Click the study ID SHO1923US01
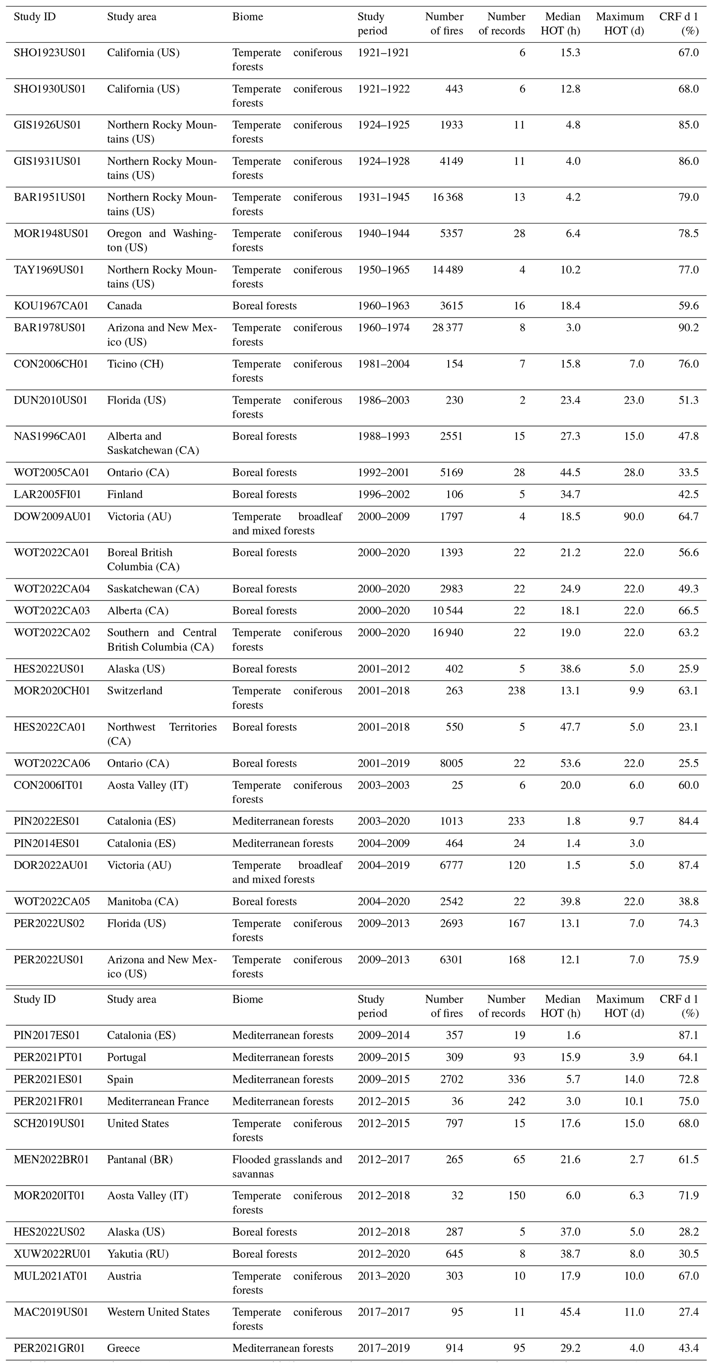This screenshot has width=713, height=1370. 49,53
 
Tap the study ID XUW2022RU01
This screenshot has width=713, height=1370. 52,1253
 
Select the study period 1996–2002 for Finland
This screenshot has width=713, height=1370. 383,494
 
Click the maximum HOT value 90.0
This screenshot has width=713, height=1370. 634,516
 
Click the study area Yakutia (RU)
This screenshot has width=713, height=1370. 138,1253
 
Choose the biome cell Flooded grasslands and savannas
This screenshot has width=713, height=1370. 287,1166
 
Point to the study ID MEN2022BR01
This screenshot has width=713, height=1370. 51,1159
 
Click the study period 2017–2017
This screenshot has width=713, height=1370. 383,1312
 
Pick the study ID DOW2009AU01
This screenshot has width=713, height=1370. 52,516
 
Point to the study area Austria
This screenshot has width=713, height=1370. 124,1275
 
